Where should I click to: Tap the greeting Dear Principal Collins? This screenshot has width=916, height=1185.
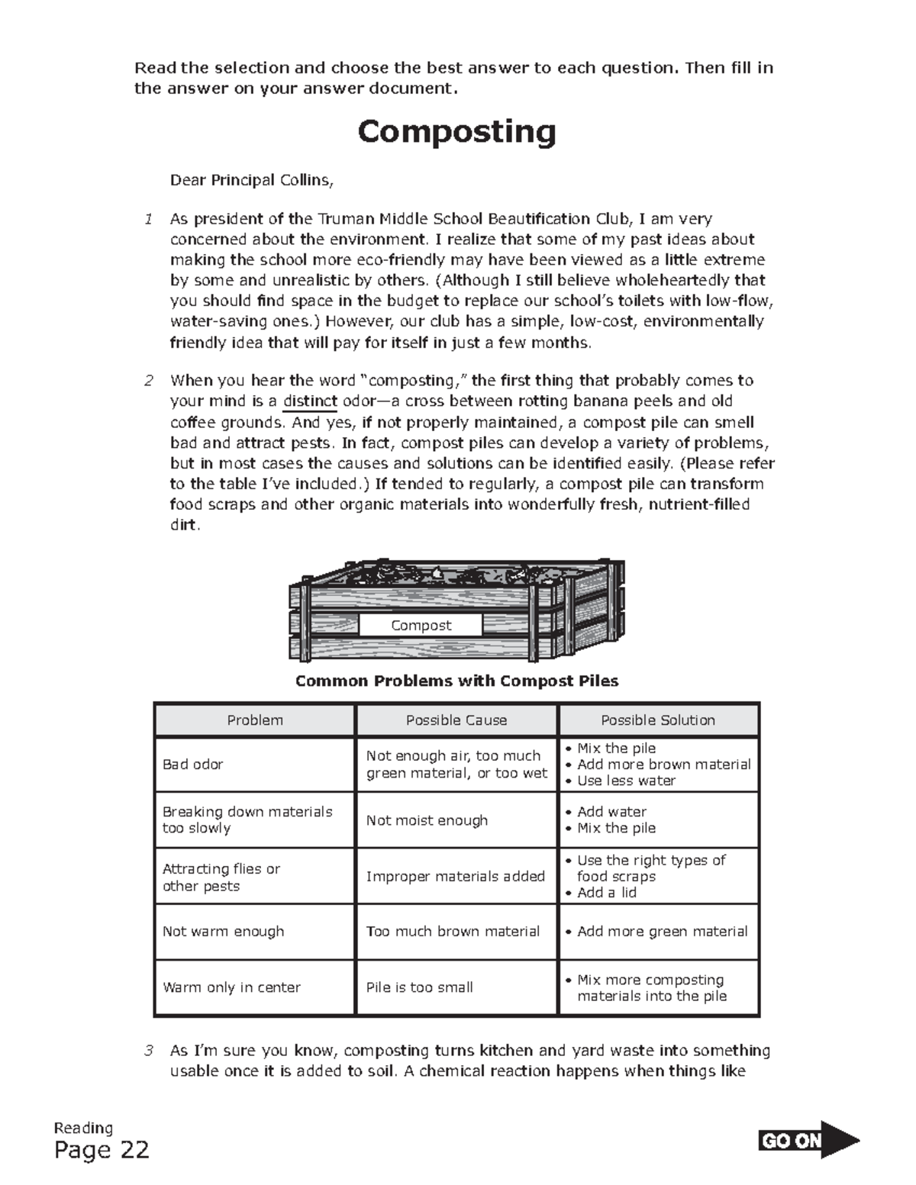pos(251,181)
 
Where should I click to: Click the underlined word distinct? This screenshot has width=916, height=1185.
pos(310,401)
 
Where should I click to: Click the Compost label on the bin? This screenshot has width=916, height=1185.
pos(421,625)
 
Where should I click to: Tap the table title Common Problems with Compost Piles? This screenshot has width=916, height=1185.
pos(456,681)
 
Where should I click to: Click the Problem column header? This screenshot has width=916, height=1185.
pos(255,720)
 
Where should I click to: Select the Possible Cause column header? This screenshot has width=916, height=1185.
pos(456,720)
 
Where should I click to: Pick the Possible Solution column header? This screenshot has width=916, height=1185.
pos(657,720)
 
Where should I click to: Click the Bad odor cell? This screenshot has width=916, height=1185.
pos(193,765)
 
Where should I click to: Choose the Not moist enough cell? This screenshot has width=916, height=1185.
pos(427,820)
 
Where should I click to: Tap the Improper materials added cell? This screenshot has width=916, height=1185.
pos(455,876)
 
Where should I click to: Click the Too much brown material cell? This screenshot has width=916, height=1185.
pos(453,932)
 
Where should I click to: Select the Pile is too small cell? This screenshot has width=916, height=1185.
pos(419,987)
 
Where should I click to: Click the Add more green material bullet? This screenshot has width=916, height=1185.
pos(662,932)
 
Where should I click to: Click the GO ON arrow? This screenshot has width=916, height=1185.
pos(808,1141)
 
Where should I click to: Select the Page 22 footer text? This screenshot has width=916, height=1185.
pos(102,1150)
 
